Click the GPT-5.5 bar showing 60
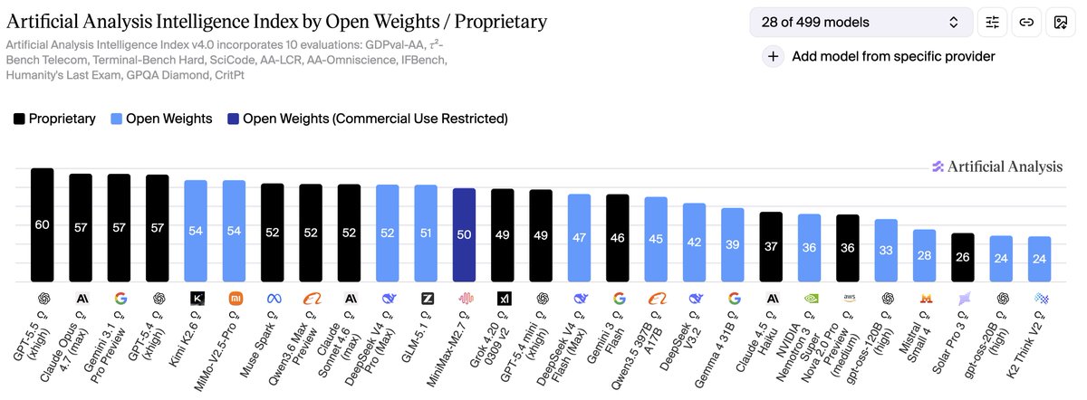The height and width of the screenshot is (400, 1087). click(43, 226)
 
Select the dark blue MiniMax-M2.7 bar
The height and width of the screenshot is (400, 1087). click(464, 234)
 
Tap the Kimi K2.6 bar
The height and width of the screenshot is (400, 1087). click(196, 231)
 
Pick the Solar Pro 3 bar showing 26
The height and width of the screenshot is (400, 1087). click(963, 257)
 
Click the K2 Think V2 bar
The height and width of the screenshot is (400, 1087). click(1039, 259)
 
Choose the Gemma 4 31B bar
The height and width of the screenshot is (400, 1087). click(733, 244)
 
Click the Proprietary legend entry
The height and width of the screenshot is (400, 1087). click(55, 119)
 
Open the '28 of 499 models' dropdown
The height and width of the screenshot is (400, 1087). click(861, 22)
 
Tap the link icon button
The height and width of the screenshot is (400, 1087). click(1026, 22)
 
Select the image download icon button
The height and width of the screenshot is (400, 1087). click(1058, 22)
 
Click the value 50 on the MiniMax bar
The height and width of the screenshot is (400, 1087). click(464, 234)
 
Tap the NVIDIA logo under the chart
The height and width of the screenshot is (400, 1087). click(809, 298)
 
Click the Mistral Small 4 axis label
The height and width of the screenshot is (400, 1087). click(916, 339)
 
